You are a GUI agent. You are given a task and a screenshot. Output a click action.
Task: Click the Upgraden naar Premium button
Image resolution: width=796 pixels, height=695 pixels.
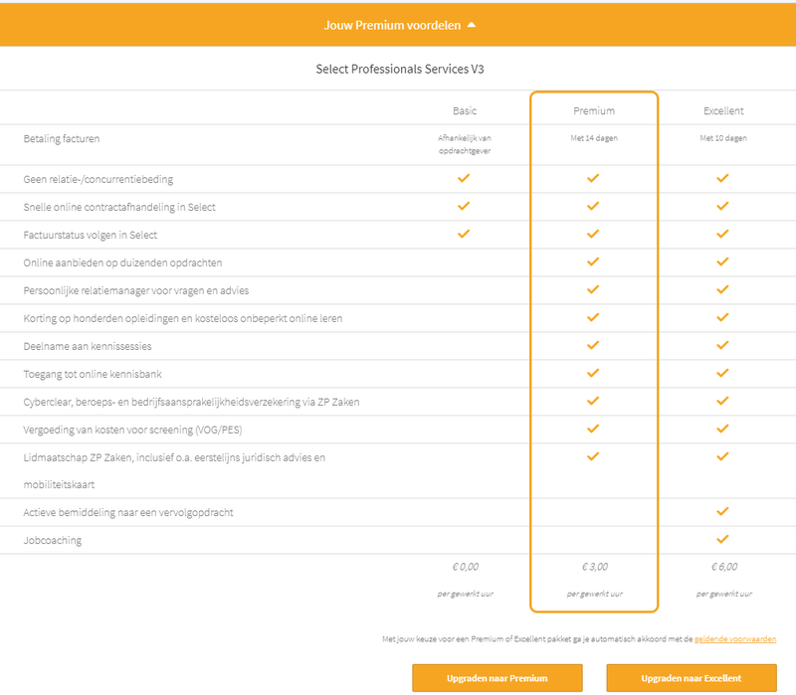tap(496, 678)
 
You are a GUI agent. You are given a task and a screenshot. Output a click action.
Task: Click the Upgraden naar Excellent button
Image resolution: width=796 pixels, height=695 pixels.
tap(691, 678)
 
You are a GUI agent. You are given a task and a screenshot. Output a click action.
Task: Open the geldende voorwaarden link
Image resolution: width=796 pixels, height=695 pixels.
tap(735, 639)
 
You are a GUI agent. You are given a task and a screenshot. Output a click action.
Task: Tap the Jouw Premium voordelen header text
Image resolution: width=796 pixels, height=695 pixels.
tap(392, 25)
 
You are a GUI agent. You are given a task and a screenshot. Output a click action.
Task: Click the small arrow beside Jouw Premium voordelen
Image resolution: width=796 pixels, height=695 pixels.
tap(472, 25)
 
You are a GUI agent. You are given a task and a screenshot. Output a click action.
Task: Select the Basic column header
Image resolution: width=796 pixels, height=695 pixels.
tap(465, 110)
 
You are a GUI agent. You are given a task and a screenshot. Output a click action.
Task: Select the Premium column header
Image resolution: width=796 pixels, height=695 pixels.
tap(594, 110)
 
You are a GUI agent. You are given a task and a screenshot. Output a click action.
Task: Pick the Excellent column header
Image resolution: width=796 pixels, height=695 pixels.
tap(722, 110)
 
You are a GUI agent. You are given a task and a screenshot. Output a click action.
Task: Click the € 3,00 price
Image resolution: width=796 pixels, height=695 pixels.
tap(594, 567)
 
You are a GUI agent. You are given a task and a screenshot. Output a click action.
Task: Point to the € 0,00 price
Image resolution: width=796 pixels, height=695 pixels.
tap(465, 567)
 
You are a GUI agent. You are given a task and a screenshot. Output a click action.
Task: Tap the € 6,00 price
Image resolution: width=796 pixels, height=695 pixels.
tap(723, 567)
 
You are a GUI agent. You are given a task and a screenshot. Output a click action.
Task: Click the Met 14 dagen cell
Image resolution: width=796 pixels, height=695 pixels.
tap(594, 138)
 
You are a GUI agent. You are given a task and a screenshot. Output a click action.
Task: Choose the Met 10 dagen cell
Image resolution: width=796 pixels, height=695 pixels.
tap(723, 138)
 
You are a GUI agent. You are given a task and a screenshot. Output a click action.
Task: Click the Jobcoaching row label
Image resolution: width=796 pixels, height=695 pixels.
tap(53, 540)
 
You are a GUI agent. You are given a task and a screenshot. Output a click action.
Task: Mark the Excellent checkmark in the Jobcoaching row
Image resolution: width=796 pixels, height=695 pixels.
tap(723, 539)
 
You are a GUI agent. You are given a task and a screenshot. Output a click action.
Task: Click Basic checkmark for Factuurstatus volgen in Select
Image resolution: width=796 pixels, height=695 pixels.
tap(464, 234)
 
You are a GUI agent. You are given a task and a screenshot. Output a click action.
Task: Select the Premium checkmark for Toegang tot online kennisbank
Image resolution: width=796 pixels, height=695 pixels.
tap(594, 373)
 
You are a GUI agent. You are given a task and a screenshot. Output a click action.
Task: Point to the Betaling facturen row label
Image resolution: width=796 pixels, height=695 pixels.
tap(62, 138)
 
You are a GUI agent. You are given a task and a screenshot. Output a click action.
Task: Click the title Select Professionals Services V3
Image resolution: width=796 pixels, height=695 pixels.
tap(399, 70)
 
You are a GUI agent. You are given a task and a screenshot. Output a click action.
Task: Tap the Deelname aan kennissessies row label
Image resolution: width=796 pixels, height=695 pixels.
tap(88, 346)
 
